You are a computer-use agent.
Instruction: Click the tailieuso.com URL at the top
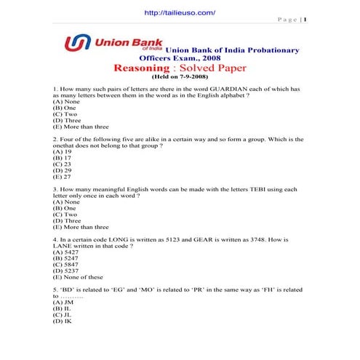180,12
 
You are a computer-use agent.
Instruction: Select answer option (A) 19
62,151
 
